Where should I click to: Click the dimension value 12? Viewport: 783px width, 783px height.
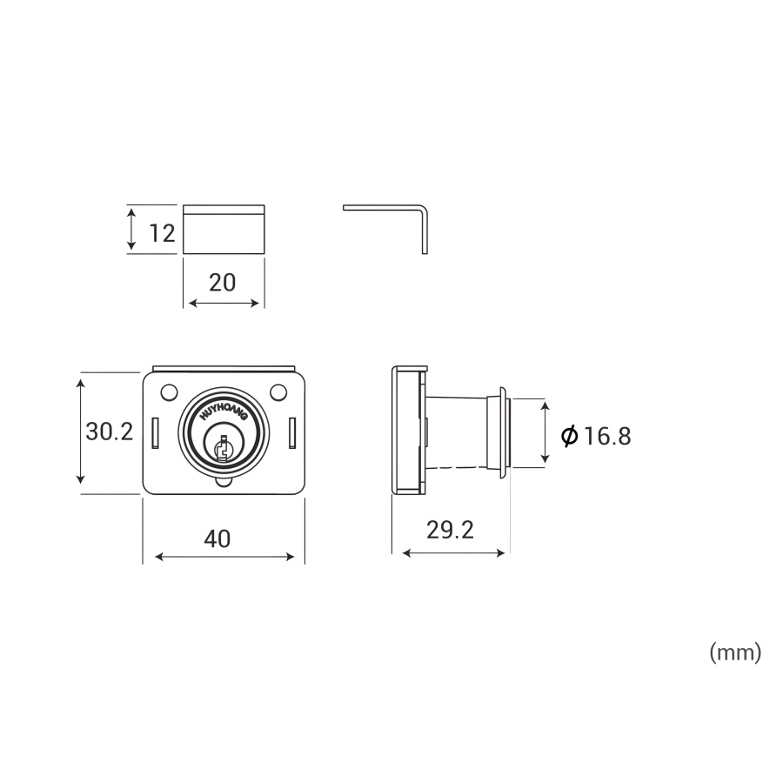(x=163, y=233)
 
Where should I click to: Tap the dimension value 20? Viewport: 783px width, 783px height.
(x=222, y=283)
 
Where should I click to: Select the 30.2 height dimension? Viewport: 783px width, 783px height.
(x=110, y=432)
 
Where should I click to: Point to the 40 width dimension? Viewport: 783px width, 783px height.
(x=217, y=539)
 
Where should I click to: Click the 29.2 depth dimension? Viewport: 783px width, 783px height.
(x=450, y=530)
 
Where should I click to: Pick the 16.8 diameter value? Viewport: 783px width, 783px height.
(x=606, y=436)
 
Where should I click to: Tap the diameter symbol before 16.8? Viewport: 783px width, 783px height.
(x=569, y=436)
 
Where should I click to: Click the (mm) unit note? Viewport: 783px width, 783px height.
(x=735, y=652)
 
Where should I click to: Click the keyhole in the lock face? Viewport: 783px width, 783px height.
(x=223, y=447)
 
